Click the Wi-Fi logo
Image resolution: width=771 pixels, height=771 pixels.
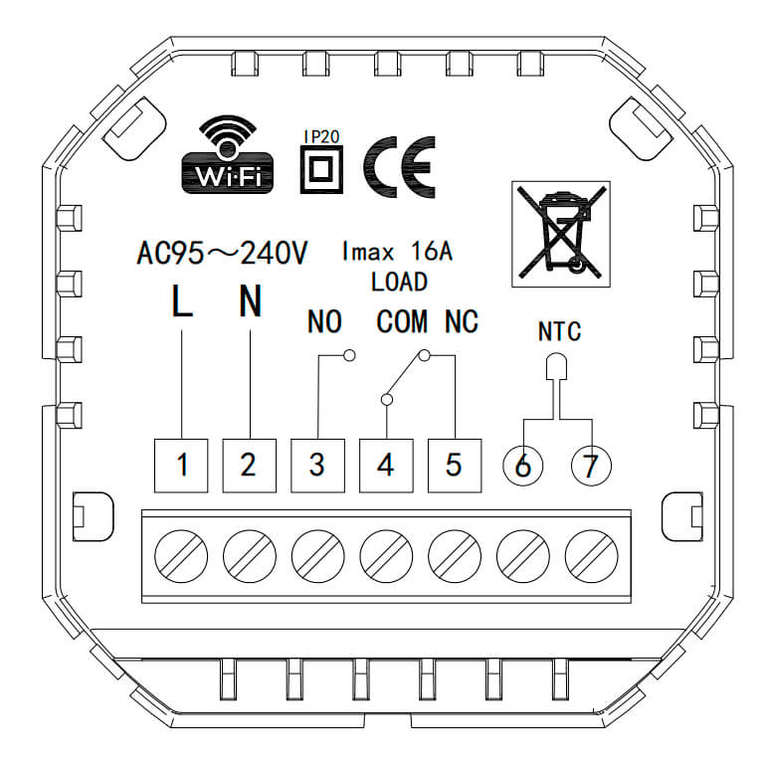(227, 154)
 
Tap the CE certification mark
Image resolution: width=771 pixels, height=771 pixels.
(399, 167)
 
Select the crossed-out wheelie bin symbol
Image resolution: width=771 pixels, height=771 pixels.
(561, 234)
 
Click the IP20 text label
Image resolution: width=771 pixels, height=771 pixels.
(321, 136)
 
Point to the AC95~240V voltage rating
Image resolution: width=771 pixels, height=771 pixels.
(222, 254)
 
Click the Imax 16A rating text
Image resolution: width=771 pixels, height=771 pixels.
(397, 251)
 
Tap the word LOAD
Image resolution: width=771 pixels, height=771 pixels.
(399, 283)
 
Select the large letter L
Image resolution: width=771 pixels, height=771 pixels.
(182, 299)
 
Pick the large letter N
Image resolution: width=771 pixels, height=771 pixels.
(251, 299)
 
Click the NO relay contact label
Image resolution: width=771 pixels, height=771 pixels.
(324, 322)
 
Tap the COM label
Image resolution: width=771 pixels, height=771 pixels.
(402, 322)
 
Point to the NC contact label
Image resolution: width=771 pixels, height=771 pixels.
(462, 322)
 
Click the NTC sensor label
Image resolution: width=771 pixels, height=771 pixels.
(559, 331)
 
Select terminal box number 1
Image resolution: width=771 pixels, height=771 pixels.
(181, 466)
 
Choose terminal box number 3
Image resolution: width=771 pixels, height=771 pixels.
(317, 466)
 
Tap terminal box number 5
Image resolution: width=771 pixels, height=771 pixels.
(455, 466)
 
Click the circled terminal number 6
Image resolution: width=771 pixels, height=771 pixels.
(523, 466)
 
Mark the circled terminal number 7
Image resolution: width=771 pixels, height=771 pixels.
(592, 466)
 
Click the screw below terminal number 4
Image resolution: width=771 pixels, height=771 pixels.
(386, 557)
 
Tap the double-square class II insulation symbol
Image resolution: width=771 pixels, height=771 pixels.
(321, 170)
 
